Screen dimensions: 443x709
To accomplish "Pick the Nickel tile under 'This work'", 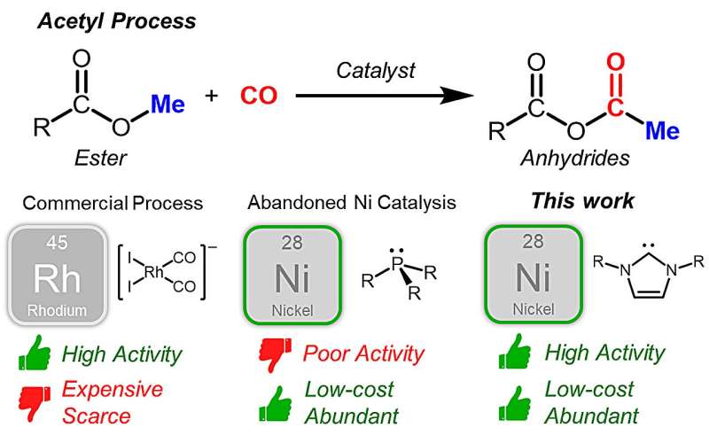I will (533, 273).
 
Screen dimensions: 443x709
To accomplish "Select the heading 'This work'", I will (582, 201).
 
